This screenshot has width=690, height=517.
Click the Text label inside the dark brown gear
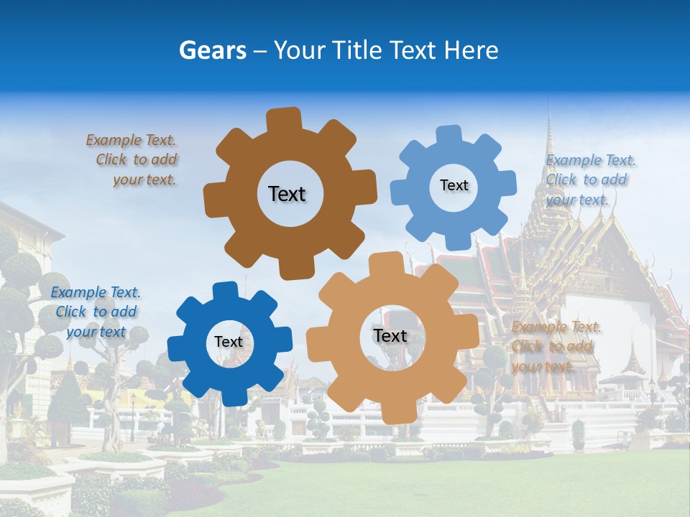pyautogui.click(x=287, y=194)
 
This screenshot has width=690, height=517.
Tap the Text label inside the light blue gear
pyautogui.click(x=454, y=185)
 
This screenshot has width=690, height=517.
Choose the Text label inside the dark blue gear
pyautogui.click(x=229, y=342)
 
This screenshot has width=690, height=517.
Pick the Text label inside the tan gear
pyautogui.click(x=390, y=335)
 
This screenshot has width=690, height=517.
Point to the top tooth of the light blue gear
pyautogui.click(x=448, y=134)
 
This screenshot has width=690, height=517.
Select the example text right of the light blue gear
pyautogui.click(x=588, y=180)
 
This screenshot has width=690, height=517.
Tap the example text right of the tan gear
pyautogui.click(x=554, y=347)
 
